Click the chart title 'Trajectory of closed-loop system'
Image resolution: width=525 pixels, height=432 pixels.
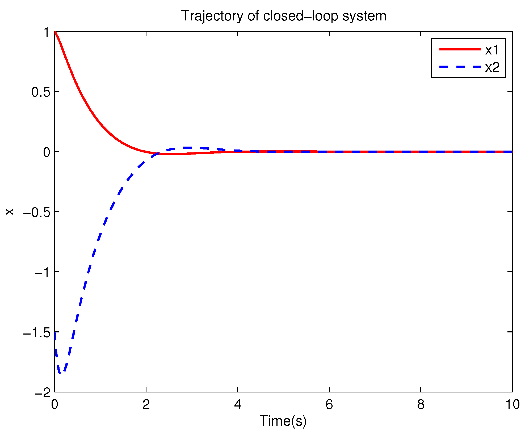(x=283, y=16)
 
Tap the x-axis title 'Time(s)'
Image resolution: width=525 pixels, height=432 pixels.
(x=283, y=421)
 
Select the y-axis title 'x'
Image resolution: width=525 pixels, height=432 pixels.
(x=10, y=212)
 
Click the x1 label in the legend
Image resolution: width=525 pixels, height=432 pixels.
(x=492, y=50)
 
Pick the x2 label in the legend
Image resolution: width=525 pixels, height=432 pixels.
(x=492, y=67)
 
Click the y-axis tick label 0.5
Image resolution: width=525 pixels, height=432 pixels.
(x=41, y=92)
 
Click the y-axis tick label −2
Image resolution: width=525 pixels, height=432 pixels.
(x=43, y=392)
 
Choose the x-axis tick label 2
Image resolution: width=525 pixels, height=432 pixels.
(x=146, y=405)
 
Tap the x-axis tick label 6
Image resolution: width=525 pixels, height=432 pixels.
(x=329, y=405)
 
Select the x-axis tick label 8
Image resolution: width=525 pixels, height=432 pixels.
(x=421, y=405)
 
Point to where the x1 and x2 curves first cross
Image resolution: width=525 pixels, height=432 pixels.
(x=158, y=153)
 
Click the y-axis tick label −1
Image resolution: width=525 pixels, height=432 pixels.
(x=43, y=272)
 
